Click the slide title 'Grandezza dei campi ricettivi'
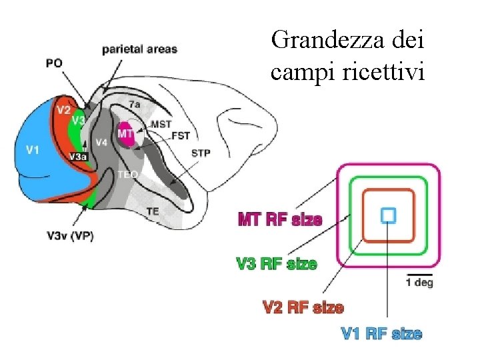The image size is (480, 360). coord(347,57)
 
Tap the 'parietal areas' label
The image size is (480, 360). coord(139,49)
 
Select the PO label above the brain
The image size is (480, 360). coord(55,63)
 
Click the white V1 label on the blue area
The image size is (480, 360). coord(32,150)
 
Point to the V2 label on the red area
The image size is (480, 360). coord(63,110)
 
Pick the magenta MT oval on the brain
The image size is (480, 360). coord(125,134)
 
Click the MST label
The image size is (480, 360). coord(161,124)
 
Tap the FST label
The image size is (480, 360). coord(181,136)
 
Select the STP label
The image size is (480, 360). coord(201,153)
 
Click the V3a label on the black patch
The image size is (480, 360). coord(77,156)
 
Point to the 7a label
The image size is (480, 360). coord(135,105)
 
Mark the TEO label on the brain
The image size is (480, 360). coord(127,174)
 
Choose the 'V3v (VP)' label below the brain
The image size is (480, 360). coord(70,235)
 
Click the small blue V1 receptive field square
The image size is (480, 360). coord(388,215)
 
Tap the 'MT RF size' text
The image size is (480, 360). coord(280,219)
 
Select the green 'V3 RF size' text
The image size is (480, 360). coord(277,264)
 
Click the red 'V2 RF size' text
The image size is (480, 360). coord(303,307)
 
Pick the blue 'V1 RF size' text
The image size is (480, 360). coord(381,333)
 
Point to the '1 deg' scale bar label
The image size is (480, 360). coord(419,283)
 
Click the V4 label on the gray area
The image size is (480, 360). coord(101,142)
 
